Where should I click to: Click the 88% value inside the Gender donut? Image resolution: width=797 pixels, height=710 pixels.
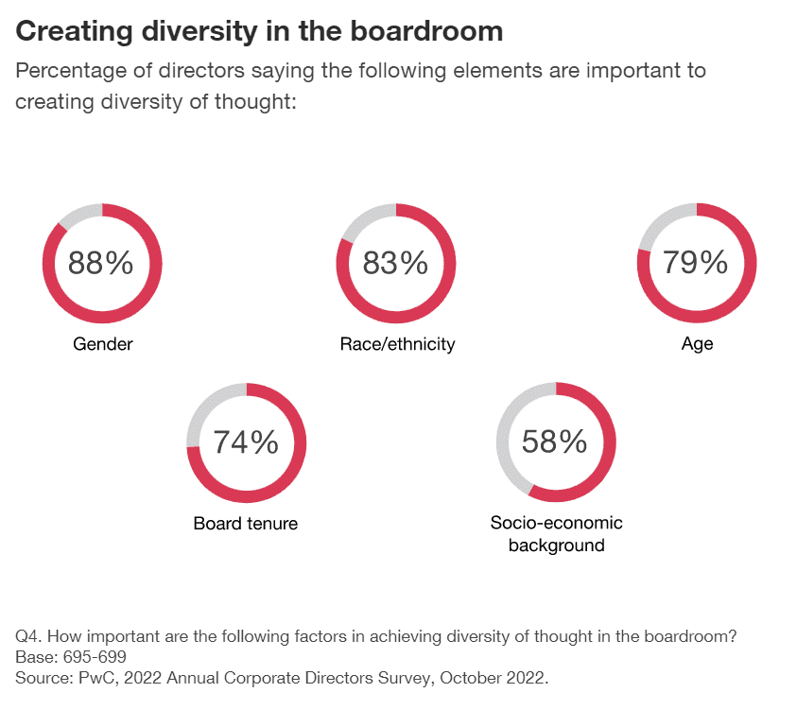(x=101, y=263)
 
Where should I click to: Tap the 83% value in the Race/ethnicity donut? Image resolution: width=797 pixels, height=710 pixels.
(x=396, y=263)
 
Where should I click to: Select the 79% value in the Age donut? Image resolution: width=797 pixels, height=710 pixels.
(x=696, y=262)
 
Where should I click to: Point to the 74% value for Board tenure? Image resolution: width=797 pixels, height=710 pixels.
(x=246, y=442)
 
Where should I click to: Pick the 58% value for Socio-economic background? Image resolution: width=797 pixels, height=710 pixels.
(x=556, y=442)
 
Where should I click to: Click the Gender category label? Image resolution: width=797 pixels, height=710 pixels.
(x=103, y=344)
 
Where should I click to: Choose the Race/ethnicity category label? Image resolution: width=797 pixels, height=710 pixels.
(x=397, y=344)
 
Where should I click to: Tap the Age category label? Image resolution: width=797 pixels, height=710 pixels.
(x=697, y=344)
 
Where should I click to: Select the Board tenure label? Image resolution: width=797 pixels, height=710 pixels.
(x=246, y=523)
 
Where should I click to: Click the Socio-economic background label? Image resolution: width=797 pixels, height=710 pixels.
(x=556, y=534)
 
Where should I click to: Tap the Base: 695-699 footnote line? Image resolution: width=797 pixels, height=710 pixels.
(x=71, y=657)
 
